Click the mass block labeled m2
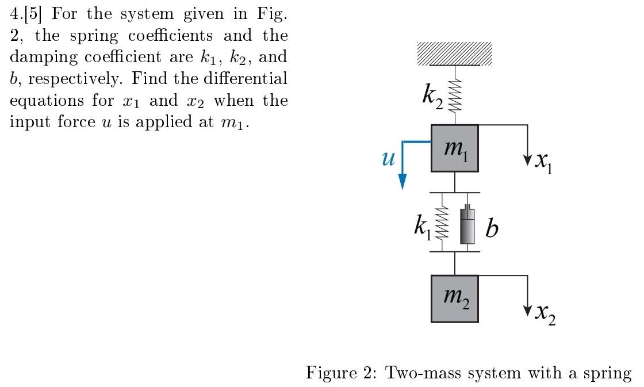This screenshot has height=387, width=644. [454, 298]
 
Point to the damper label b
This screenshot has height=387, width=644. [492, 229]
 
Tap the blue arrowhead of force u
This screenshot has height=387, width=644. [402, 181]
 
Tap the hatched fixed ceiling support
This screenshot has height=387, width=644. [454, 53]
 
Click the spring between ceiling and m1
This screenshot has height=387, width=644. [455, 95]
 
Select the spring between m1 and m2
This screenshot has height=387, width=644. [442, 223]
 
